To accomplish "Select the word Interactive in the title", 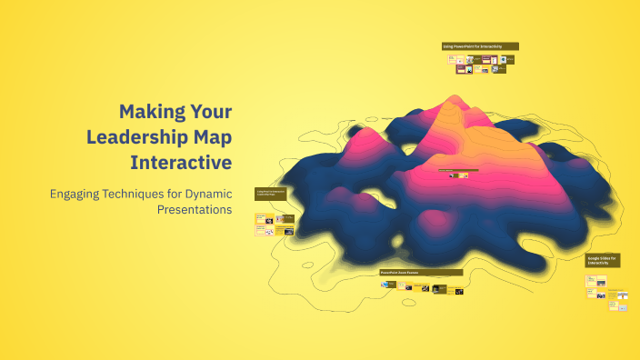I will (x=181, y=163).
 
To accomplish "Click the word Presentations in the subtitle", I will (x=195, y=209).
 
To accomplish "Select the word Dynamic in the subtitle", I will (x=208, y=194).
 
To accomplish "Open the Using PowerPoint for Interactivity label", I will (x=479, y=46).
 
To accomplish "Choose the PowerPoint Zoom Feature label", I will (x=420, y=272).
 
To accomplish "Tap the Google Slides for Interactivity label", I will (x=602, y=261).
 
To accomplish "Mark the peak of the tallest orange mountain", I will (x=450, y=99).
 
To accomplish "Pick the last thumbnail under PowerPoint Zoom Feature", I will (x=459, y=291).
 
